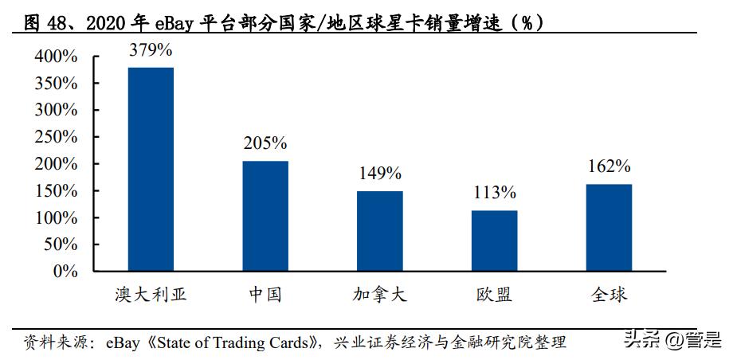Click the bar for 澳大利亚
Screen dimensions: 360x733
click(151, 169)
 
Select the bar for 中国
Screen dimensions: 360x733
click(265, 216)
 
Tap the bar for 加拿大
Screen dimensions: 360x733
click(379, 231)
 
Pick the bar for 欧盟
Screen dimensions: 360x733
click(494, 241)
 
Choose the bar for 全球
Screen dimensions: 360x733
click(609, 228)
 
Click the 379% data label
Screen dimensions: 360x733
click(151, 49)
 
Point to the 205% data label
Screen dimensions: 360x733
click(265, 143)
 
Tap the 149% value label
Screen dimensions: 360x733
click(379, 173)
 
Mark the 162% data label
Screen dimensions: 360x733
click(609, 166)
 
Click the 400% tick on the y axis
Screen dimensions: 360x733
click(56, 57)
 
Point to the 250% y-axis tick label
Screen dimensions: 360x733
click(56, 137)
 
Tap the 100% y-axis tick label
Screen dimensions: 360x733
click(56, 217)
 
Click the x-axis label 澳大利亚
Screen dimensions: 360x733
click(151, 295)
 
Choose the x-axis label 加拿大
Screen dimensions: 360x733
click(379, 295)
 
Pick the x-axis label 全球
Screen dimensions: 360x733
click(609, 295)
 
